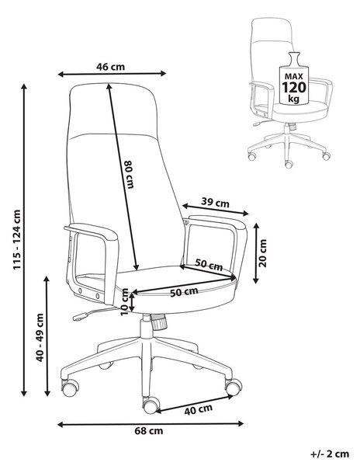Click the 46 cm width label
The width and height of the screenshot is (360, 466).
(110, 67)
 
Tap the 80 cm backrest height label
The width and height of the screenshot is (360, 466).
(129, 175)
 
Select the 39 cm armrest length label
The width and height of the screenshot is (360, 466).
(215, 203)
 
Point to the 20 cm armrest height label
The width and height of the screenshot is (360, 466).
(263, 253)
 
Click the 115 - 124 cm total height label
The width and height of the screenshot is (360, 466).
(17, 240)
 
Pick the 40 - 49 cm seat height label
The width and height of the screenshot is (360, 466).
(40, 338)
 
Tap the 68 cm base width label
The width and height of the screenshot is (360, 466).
(149, 430)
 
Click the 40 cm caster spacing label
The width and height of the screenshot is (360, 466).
(199, 410)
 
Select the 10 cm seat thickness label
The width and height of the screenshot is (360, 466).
(125, 302)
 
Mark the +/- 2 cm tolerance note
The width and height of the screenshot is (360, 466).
(330, 454)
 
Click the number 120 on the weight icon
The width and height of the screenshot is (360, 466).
(293, 87)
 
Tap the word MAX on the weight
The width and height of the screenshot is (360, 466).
(293, 76)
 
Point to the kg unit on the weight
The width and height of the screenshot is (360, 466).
(293, 99)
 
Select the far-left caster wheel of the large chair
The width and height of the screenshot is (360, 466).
(71, 388)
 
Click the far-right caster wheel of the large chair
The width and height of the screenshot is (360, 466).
(234, 386)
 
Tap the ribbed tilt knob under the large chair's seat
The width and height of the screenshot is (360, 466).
(159, 322)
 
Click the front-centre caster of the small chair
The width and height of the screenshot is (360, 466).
(289, 165)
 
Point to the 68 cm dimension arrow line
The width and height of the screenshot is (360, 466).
(151, 424)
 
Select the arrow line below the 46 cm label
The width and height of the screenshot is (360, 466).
(112, 74)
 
